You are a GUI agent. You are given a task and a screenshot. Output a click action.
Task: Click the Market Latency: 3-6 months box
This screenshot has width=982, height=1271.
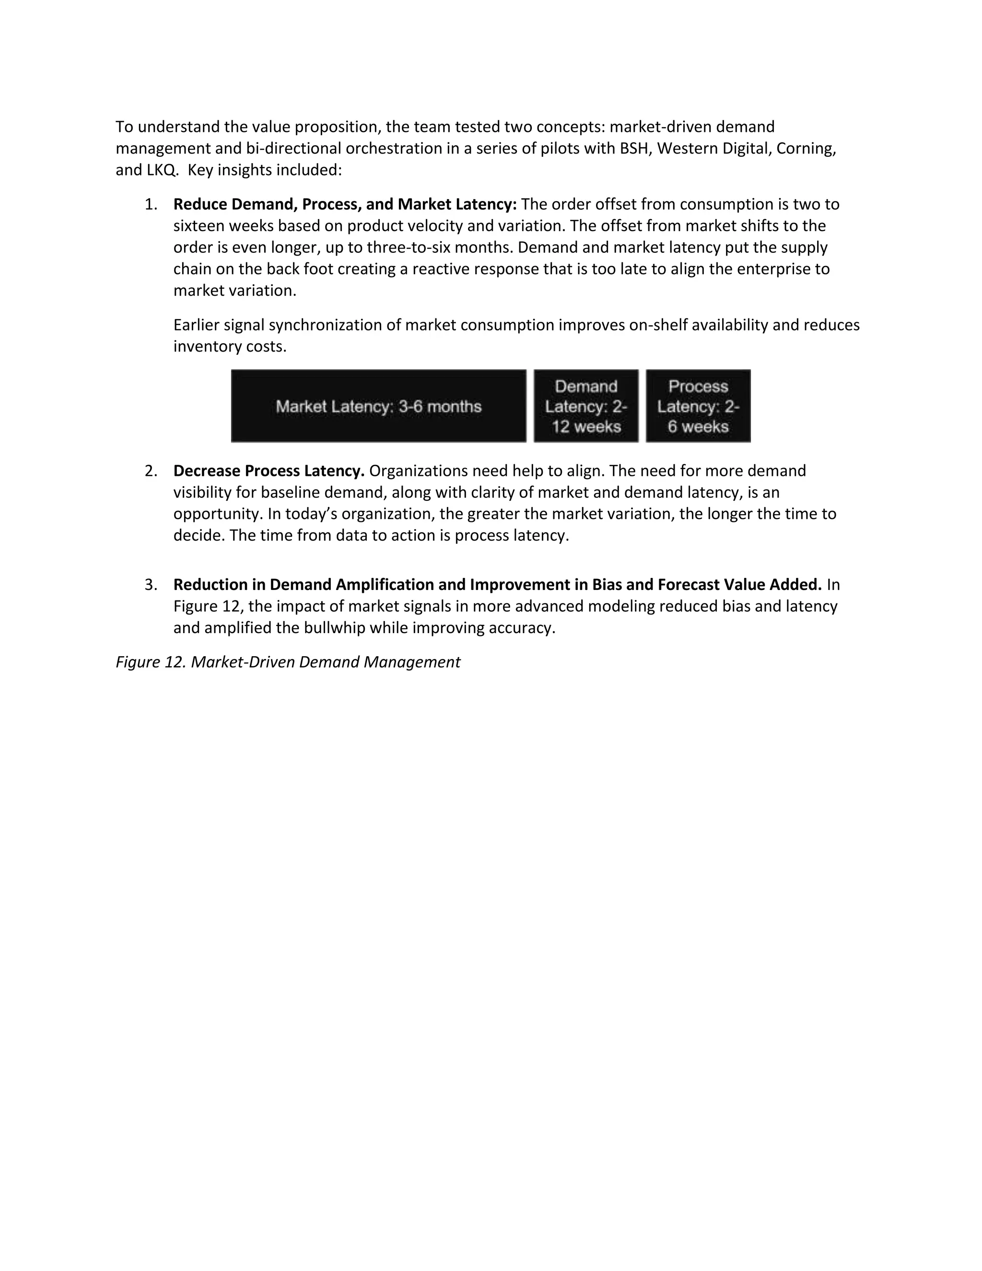(x=378, y=406)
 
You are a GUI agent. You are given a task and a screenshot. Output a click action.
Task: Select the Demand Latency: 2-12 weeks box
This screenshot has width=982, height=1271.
(x=586, y=406)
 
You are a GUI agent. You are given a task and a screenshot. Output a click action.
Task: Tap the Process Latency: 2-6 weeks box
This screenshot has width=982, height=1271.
(x=698, y=406)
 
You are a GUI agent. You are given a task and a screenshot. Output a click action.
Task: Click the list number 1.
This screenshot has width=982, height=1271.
(x=151, y=204)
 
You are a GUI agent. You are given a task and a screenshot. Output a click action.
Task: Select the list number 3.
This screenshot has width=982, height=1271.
(x=151, y=584)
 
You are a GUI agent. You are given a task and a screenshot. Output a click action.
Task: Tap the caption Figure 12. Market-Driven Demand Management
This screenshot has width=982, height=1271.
(x=288, y=662)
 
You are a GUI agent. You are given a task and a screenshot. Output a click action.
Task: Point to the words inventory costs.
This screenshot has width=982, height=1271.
(x=230, y=347)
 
